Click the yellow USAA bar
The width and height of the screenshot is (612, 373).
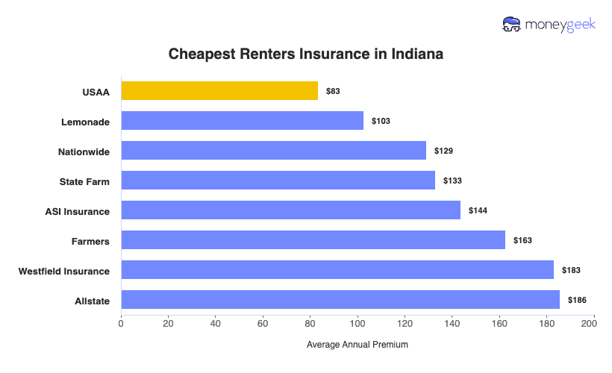(219, 91)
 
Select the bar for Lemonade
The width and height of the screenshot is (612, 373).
(242, 121)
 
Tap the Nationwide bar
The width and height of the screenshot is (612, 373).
(273, 151)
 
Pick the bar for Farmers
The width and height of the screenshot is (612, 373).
(313, 240)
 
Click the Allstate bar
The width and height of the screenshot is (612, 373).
(340, 300)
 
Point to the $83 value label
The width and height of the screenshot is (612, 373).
(334, 91)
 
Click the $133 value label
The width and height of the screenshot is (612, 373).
(453, 181)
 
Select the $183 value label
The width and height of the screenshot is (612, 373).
(571, 270)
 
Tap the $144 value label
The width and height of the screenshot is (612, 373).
(478, 210)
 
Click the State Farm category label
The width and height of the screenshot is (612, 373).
(84, 181)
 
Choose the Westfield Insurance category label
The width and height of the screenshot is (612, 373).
(64, 271)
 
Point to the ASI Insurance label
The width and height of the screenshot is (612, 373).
(77, 211)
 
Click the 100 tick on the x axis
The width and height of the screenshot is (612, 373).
(357, 323)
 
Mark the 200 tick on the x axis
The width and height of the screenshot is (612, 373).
(594, 323)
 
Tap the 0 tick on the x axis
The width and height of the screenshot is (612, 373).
(121, 323)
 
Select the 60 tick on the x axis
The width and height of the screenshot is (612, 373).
(263, 323)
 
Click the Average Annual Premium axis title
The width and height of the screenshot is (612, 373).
(357, 345)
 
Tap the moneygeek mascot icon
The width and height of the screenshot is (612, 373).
(512, 25)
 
